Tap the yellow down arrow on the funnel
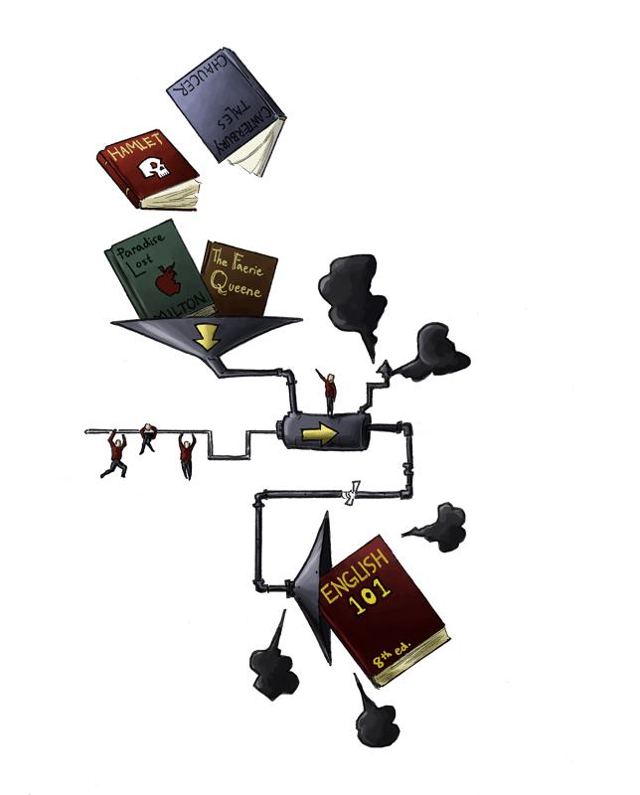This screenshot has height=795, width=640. tap(206, 336)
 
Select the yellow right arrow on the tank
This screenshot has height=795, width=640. tap(319, 434)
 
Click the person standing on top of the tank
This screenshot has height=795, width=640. tap(329, 391)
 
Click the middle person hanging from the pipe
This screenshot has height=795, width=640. tap(148, 436)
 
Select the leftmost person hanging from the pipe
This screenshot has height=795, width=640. tap(115, 452)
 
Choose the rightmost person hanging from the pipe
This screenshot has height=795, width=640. tap(186, 455)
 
